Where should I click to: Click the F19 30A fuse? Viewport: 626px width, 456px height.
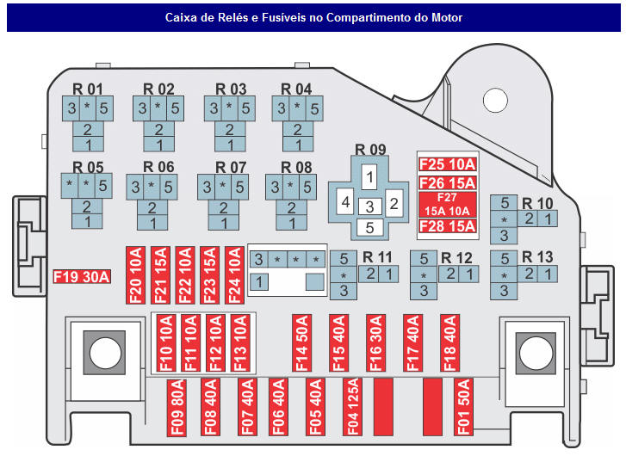pos(82,276)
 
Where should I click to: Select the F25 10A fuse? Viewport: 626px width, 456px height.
pos(446,164)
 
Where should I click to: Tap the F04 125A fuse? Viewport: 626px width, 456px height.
pos(350,405)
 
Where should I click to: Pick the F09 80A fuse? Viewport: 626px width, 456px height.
pos(176,405)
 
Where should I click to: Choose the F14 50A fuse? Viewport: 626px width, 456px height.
pos(301,342)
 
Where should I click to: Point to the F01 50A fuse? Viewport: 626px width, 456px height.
pos(463,405)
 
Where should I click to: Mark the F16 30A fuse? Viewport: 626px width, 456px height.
pos(375,342)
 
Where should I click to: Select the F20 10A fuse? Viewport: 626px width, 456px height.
pos(135,273)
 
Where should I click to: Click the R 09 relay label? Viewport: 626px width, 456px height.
pos(370,150)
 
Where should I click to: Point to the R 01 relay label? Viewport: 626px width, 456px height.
pos(87,89)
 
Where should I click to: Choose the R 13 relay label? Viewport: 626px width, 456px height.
pos(537,257)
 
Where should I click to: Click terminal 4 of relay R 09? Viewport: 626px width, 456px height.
pos(345,203)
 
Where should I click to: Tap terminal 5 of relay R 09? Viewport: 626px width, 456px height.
pos(369,228)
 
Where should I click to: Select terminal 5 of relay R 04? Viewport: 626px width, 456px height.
pos(314,108)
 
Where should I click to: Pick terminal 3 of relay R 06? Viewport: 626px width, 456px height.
pos(134,186)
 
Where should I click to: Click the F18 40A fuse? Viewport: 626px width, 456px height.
pos(449,342)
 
